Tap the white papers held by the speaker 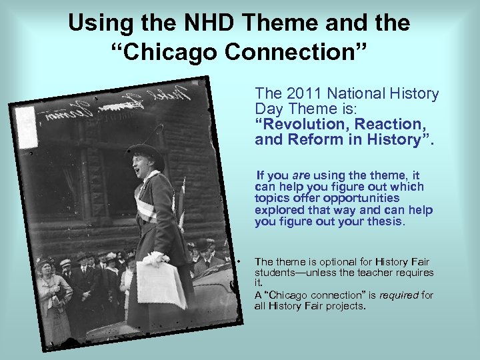click(x=160, y=284)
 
